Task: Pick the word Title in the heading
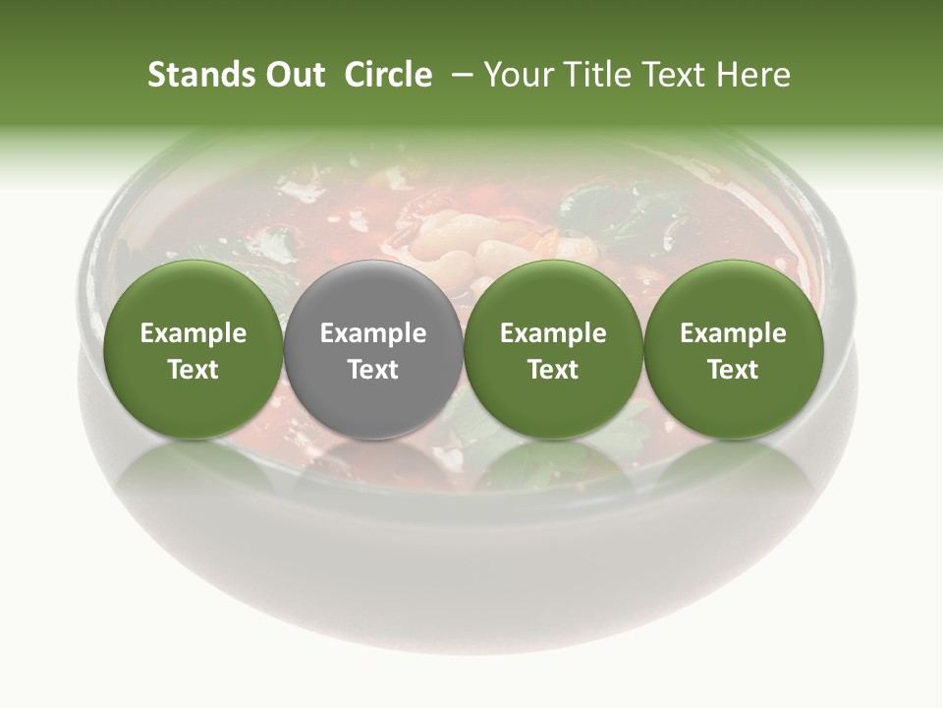pos(592,75)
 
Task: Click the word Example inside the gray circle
pos(373,333)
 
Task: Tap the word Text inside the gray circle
pos(373,370)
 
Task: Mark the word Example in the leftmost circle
pos(194,333)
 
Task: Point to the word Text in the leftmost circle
pos(194,370)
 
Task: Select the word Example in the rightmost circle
pos(733,333)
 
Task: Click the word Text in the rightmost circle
pos(733,370)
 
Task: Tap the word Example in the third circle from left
pos(553,333)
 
